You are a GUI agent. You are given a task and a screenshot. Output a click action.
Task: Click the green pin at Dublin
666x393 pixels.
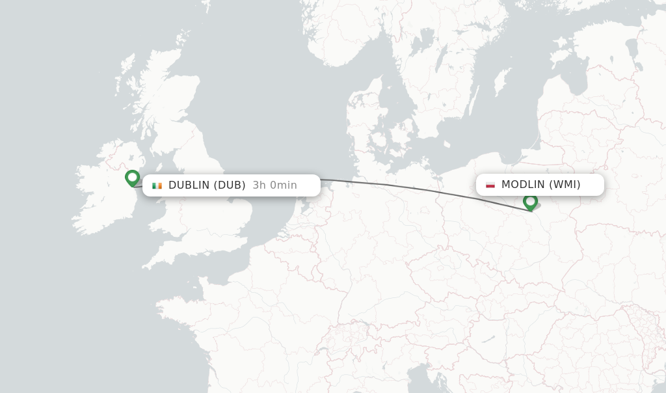pos(133,178)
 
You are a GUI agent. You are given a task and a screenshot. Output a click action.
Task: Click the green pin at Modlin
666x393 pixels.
pos(530,202)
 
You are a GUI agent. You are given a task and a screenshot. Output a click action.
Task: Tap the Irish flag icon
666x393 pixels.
pos(157,185)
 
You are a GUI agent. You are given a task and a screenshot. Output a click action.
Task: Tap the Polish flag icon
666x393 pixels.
pos(490,185)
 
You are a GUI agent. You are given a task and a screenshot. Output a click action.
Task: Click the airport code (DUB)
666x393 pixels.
pos(231,185)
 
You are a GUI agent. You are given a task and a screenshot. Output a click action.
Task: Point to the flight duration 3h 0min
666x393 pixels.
pos(274,185)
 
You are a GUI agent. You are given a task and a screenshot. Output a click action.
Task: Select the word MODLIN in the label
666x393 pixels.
pos(524,184)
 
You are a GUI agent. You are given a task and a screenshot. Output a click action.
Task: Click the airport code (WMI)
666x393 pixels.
pos(565,184)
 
